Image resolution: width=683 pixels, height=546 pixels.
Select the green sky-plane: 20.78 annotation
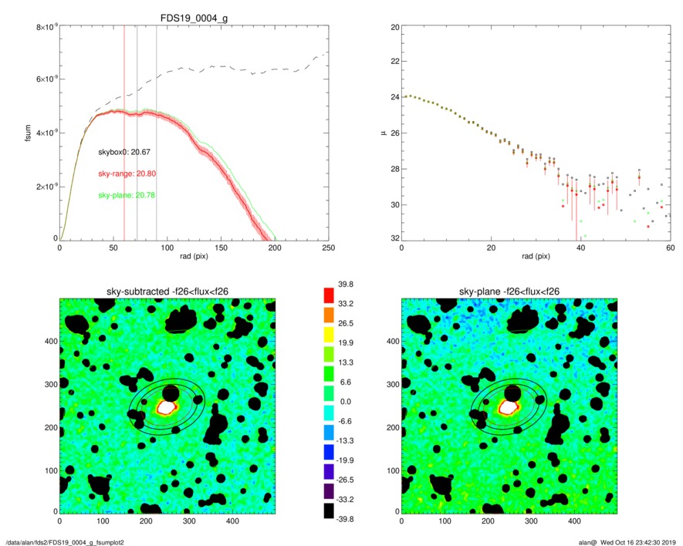coord(127,195)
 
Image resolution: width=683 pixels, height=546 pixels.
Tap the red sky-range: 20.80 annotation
coord(127,174)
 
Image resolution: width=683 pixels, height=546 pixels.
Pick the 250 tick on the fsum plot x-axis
coord(327,248)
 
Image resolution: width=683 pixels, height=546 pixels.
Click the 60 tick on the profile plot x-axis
coord(670,248)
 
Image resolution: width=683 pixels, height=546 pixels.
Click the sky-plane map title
coord(509,291)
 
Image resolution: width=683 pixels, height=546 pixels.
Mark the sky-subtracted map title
coord(167,291)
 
